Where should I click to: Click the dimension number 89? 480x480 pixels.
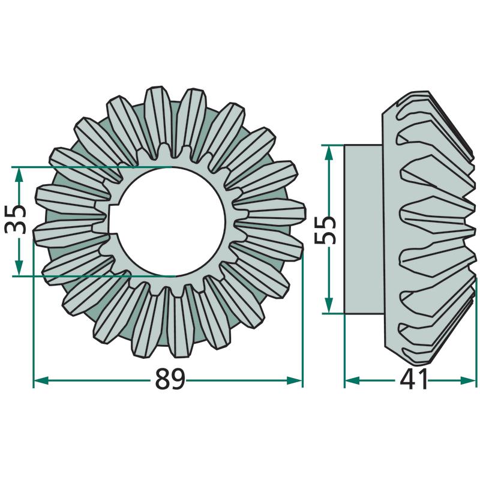170,379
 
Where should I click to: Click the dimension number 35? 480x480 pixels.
16,220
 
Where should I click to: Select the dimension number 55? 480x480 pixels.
325,230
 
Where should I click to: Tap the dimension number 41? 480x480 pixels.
413,379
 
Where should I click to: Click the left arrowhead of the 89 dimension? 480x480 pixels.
41,380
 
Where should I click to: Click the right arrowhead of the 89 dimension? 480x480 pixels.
294,380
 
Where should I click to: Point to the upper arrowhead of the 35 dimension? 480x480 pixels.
19,175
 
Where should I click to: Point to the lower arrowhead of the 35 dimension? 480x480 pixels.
19,268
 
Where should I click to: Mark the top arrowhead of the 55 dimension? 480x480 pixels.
328,152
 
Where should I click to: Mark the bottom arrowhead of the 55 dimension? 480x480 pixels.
328,305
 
